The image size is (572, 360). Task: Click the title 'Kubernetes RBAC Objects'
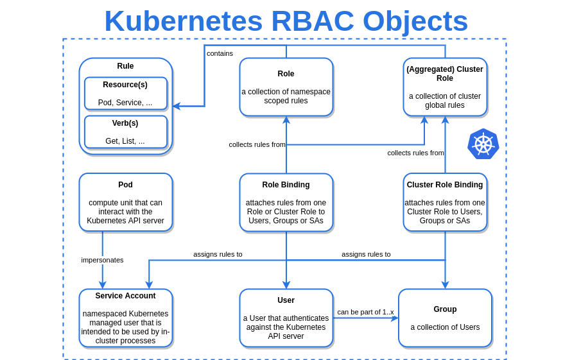[286, 21]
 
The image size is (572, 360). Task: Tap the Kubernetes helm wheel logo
[483, 144]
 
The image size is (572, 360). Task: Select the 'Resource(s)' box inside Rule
[125, 94]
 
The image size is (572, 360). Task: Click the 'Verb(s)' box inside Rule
[125, 132]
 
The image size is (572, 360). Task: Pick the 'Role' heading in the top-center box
[286, 74]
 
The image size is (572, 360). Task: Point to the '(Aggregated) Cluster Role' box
[445, 87]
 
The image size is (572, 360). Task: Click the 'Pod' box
[125, 202]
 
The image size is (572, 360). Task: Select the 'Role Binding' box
[286, 202]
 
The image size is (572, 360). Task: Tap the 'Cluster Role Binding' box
[445, 202]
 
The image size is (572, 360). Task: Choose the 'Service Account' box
[125, 318]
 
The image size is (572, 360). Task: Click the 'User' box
[286, 318]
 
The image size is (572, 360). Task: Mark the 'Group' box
[445, 318]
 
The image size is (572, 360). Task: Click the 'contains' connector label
[220, 53]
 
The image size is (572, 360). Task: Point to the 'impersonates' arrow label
[102, 260]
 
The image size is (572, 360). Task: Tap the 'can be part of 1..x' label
[365, 312]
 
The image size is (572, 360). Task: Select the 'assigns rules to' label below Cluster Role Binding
[366, 254]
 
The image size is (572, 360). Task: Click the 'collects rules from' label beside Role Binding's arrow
[257, 144]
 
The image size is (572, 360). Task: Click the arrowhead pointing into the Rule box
[177, 107]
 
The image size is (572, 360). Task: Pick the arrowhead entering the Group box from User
[395, 318]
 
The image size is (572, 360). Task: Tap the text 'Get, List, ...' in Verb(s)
[125, 141]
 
